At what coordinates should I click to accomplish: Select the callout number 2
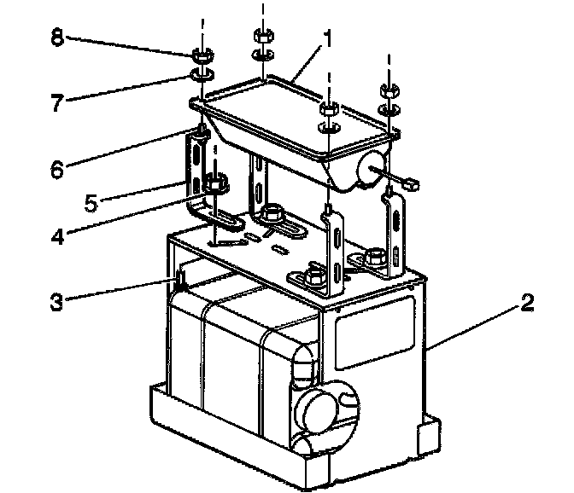click(530, 301)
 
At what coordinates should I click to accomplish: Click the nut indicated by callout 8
click(202, 57)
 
